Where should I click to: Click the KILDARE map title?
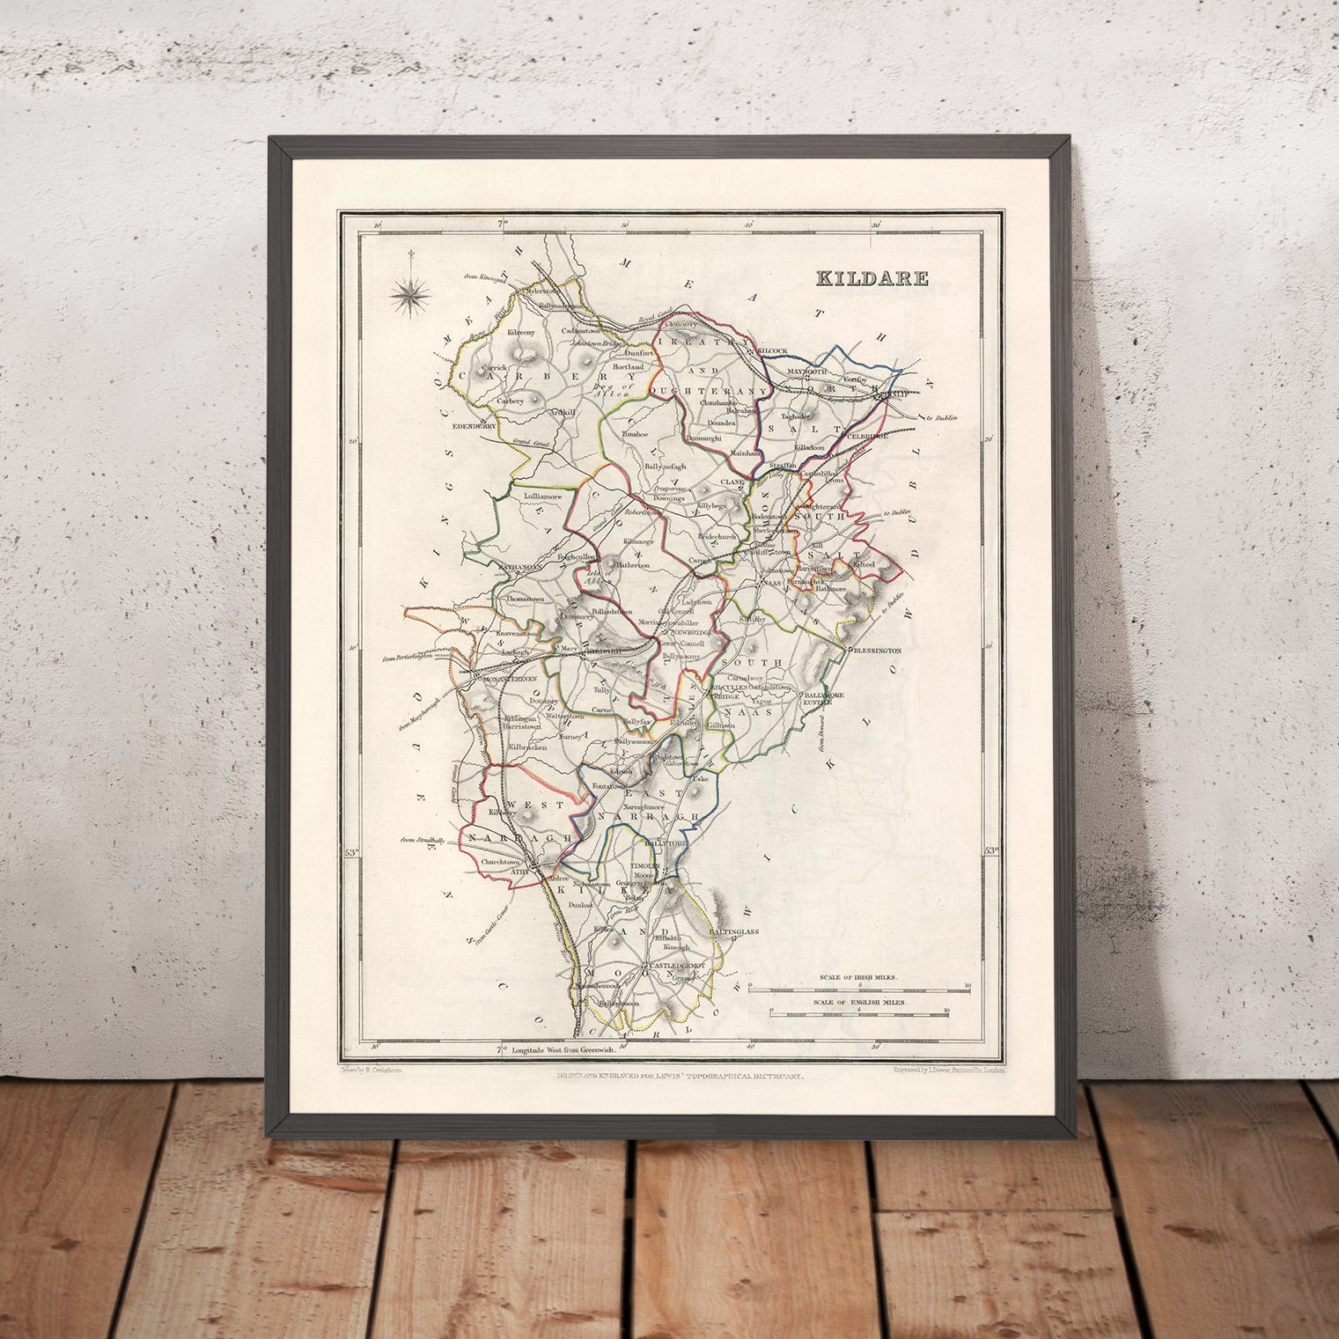[872, 279]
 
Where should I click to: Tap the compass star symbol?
[409, 294]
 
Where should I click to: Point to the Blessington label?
[876, 650]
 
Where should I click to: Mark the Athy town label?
[525, 871]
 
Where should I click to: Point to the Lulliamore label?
[542, 497]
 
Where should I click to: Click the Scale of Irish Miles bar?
[859, 988]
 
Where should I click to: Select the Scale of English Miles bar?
[859, 1014]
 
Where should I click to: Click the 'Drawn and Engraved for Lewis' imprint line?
[678, 1076]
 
